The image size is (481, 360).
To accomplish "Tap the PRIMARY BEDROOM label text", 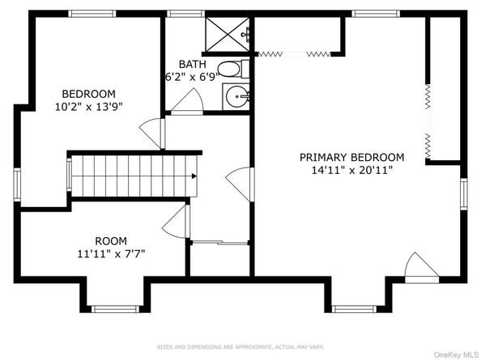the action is [x=352, y=157].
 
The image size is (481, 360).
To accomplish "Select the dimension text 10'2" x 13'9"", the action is [x=88, y=107].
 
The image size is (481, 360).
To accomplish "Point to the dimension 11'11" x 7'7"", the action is [x=111, y=254].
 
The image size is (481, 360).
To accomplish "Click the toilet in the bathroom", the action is [x=234, y=70].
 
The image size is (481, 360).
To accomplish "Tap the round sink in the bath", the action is [x=236, y=96].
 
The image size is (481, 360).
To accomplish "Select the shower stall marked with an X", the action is [x=228, y=35].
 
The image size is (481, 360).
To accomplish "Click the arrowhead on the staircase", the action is [x=194, y=176].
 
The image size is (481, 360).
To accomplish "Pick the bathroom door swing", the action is [x=187, y=102].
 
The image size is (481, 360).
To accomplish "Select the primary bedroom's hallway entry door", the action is [x=240, y=184].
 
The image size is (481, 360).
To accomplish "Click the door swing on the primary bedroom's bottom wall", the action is [x=422, y=268].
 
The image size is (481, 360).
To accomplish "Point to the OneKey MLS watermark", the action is [x=456, y=355].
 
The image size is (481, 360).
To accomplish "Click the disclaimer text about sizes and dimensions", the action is [x=240, y=347].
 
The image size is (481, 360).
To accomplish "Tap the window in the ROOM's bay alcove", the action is [x=115, y=308].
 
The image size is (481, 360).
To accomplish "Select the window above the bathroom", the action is [x=185, y=14].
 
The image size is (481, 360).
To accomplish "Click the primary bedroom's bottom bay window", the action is [x=354, y=308].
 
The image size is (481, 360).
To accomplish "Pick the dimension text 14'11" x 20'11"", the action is [x=352, y=170].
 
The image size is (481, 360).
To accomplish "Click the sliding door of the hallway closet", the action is [x=220, y=243].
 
